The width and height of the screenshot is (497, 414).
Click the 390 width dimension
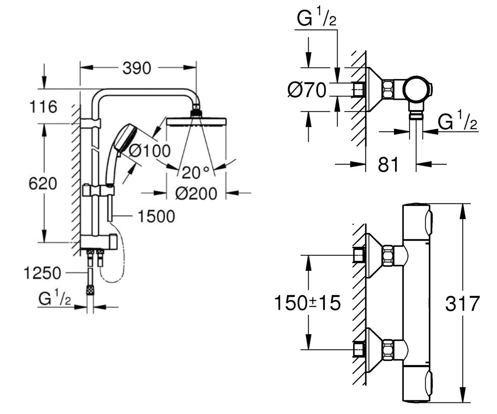tap(137, 68)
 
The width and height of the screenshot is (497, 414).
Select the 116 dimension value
tap(43, 107)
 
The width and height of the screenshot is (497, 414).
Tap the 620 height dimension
tap(43, 183)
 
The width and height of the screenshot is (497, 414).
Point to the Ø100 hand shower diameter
tap(150, 151)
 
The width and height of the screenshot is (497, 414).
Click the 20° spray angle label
tap(195, 173)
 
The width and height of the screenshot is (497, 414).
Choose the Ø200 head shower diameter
tap(196, 193)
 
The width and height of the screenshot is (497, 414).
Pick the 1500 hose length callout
tap(157, 217)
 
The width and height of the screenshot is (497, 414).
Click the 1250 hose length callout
tap(42, 273)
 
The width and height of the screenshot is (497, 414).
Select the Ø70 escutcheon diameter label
tap(307, 90)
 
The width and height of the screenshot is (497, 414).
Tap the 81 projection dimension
tap(388, 165)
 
